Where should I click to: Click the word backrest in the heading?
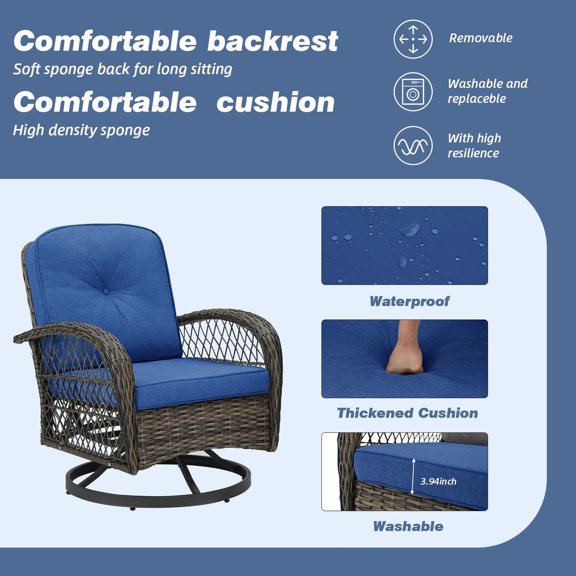click(273, 41)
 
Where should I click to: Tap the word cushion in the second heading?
click(276, 102)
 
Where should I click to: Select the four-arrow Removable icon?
click(413, 39)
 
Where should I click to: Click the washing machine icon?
click(413, 92)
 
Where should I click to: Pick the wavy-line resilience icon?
click(413, 146)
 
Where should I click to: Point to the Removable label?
click(481, 38)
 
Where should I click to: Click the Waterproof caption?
click(409, 301)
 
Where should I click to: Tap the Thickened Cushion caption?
click(407, 413)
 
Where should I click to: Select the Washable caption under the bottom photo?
click(408, 526)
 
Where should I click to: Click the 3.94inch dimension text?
click(438, 481)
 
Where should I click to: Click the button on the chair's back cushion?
click(106, 292)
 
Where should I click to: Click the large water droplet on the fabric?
click(409, 231)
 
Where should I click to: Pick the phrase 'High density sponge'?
click(81, 130)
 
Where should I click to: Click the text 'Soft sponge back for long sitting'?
click(122, 69)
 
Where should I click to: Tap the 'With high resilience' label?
click(474, 146)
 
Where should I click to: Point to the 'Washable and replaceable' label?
click(487, 91)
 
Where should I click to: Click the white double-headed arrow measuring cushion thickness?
click(413, 476)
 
